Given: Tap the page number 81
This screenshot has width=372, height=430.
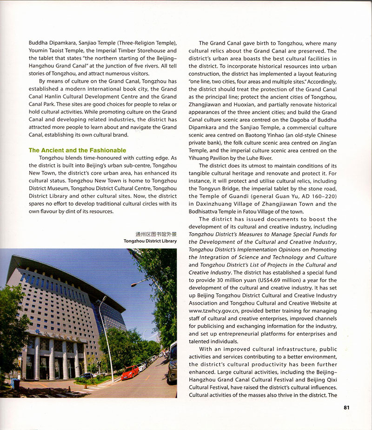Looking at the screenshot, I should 346,408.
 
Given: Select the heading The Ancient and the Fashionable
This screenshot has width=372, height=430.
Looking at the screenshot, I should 77,150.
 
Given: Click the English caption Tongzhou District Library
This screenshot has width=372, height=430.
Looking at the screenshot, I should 150,242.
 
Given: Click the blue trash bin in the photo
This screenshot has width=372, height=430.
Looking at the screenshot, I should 15,384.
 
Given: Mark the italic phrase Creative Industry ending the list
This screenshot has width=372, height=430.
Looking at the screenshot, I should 210,272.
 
